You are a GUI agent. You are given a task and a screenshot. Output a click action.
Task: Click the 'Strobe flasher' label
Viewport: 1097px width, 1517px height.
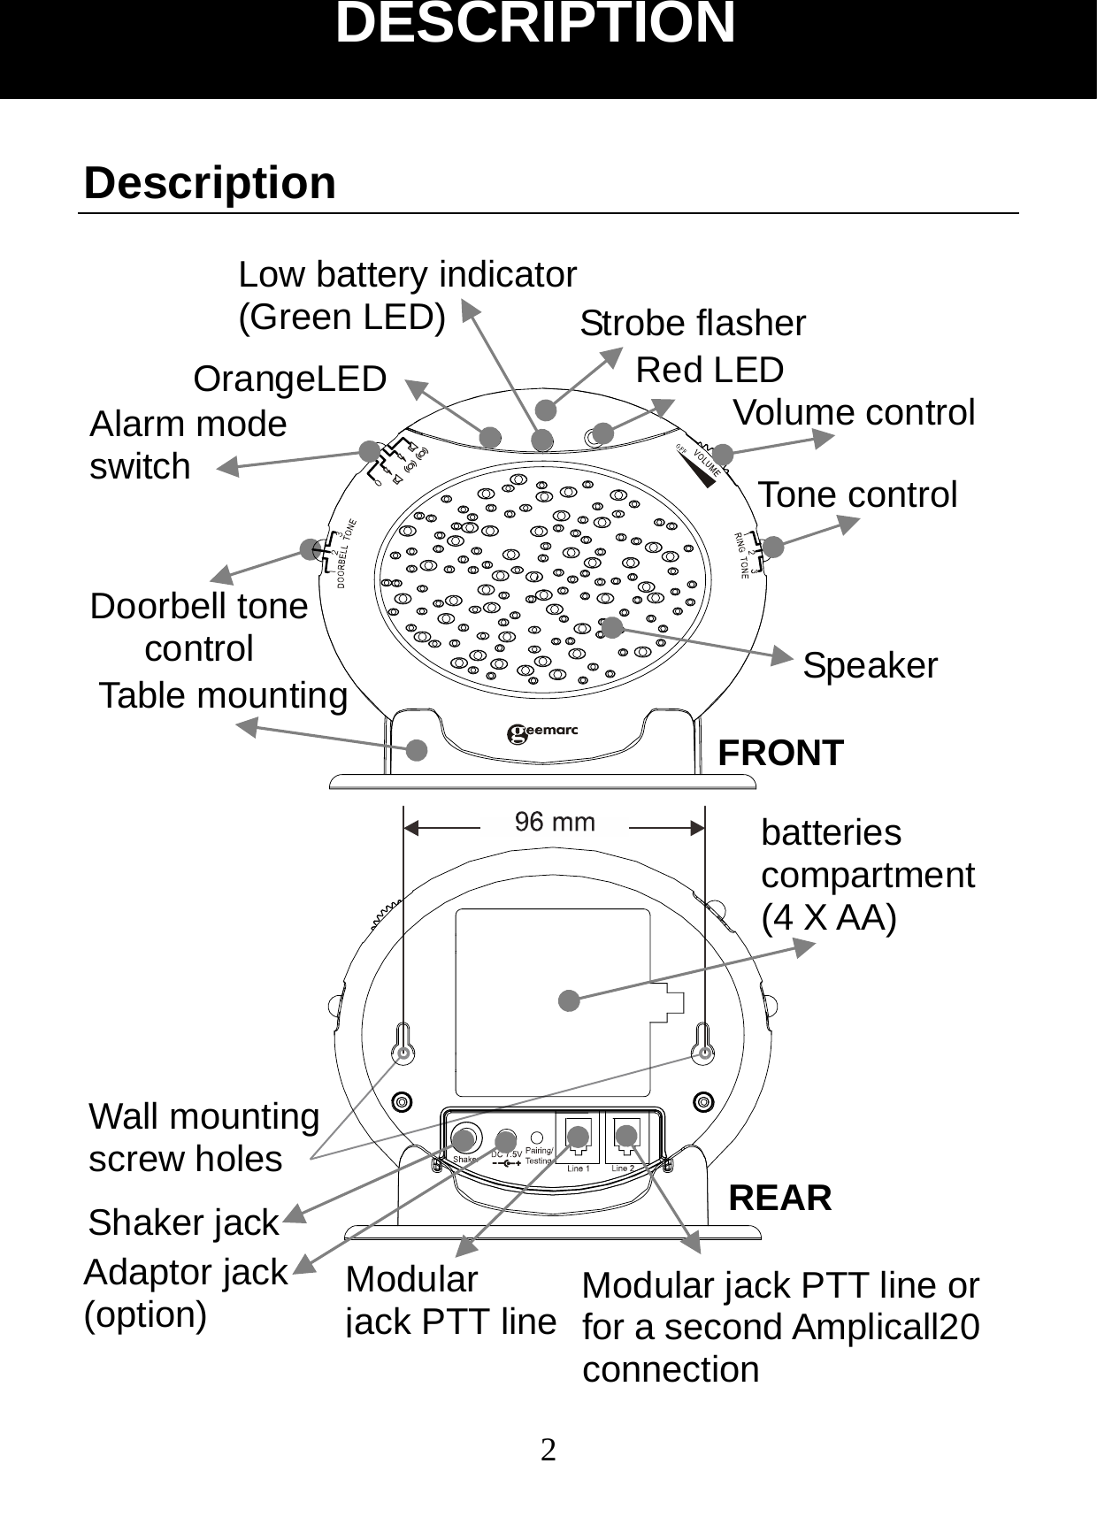[693, 324]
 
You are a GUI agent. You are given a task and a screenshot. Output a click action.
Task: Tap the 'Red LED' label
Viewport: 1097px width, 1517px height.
[710, 370]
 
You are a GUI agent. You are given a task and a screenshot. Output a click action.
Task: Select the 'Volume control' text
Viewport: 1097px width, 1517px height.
[854, 412]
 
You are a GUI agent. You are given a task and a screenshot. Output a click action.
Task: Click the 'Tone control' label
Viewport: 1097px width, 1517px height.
[857, 494]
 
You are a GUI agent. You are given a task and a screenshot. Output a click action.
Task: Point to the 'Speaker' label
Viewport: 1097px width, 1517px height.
[870, 665]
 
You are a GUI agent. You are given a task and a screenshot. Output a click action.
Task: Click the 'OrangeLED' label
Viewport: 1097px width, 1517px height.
[290, 379]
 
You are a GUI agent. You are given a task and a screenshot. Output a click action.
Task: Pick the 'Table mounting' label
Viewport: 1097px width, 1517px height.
[223, 695]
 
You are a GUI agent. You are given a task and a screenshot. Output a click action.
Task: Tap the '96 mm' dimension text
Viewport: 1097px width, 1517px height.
[555, 823]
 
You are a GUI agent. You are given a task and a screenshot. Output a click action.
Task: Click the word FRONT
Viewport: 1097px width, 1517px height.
[780, 753]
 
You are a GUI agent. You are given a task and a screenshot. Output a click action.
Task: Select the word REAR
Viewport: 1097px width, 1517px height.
[779, 1198]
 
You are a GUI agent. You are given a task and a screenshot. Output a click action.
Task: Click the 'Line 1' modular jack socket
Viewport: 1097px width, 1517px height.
[578, 1138]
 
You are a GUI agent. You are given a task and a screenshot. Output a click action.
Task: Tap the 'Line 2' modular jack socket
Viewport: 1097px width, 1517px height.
[626, 1138]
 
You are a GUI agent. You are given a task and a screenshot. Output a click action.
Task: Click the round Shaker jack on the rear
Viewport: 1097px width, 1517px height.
[465, 1138]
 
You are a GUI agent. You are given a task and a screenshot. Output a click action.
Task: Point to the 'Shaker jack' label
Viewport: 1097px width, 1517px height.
[183, 1222]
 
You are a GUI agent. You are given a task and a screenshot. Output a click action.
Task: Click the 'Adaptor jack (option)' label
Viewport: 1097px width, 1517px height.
[185, 1292]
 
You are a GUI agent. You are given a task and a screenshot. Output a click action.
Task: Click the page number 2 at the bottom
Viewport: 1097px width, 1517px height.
[548, 1451]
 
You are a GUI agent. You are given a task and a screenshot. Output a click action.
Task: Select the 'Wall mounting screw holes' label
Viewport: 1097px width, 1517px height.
[203, 1138]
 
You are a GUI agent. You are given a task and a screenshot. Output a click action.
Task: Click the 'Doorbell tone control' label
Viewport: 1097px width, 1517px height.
[199, 627]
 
